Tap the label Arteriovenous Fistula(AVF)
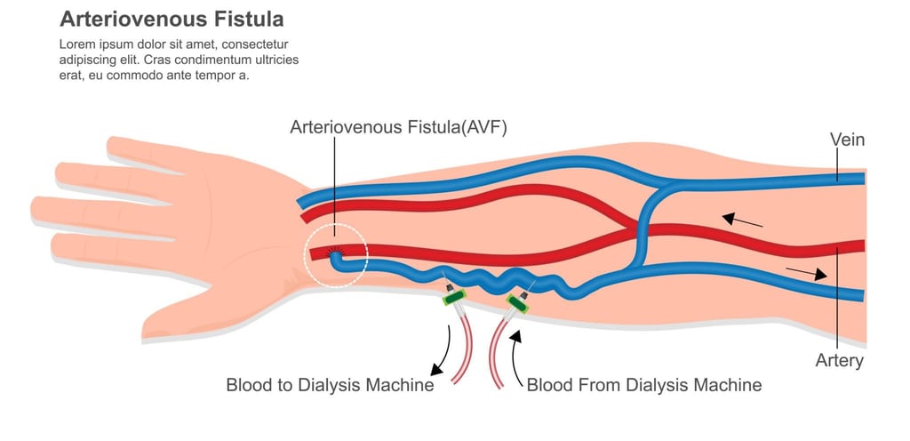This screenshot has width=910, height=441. pos(398,127)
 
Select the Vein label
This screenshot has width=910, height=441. pos(847,140)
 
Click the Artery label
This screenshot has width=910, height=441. pos(839,361)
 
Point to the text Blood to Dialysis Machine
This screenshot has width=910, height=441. pos(330,386)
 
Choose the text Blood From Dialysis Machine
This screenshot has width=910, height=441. pos(644,386)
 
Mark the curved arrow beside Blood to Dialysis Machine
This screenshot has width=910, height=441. pos(443,350)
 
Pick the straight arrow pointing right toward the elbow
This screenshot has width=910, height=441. pos(806,273)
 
